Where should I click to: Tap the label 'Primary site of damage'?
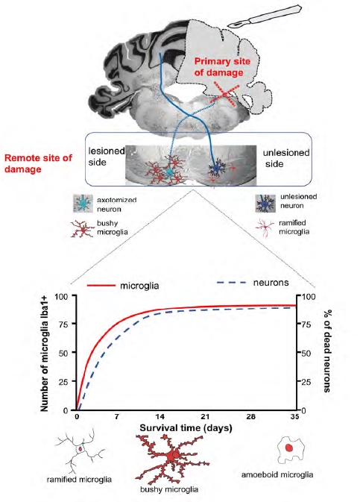click(222, 66)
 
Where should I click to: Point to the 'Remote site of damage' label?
click(39, 163)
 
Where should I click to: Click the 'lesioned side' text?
click(107, 157)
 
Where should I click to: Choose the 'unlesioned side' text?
click(285, 158)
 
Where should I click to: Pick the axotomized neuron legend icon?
click(83, 204)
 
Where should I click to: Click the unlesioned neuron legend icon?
click(265, 204)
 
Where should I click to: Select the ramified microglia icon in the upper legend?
click(265, 228)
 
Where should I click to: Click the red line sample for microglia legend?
click(101, 285)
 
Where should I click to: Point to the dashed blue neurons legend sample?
click(231, 283)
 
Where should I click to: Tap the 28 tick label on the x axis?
click(251, 416)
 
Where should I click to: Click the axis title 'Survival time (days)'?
click(186, 427)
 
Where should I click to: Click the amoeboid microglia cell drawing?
click(290, 451)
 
